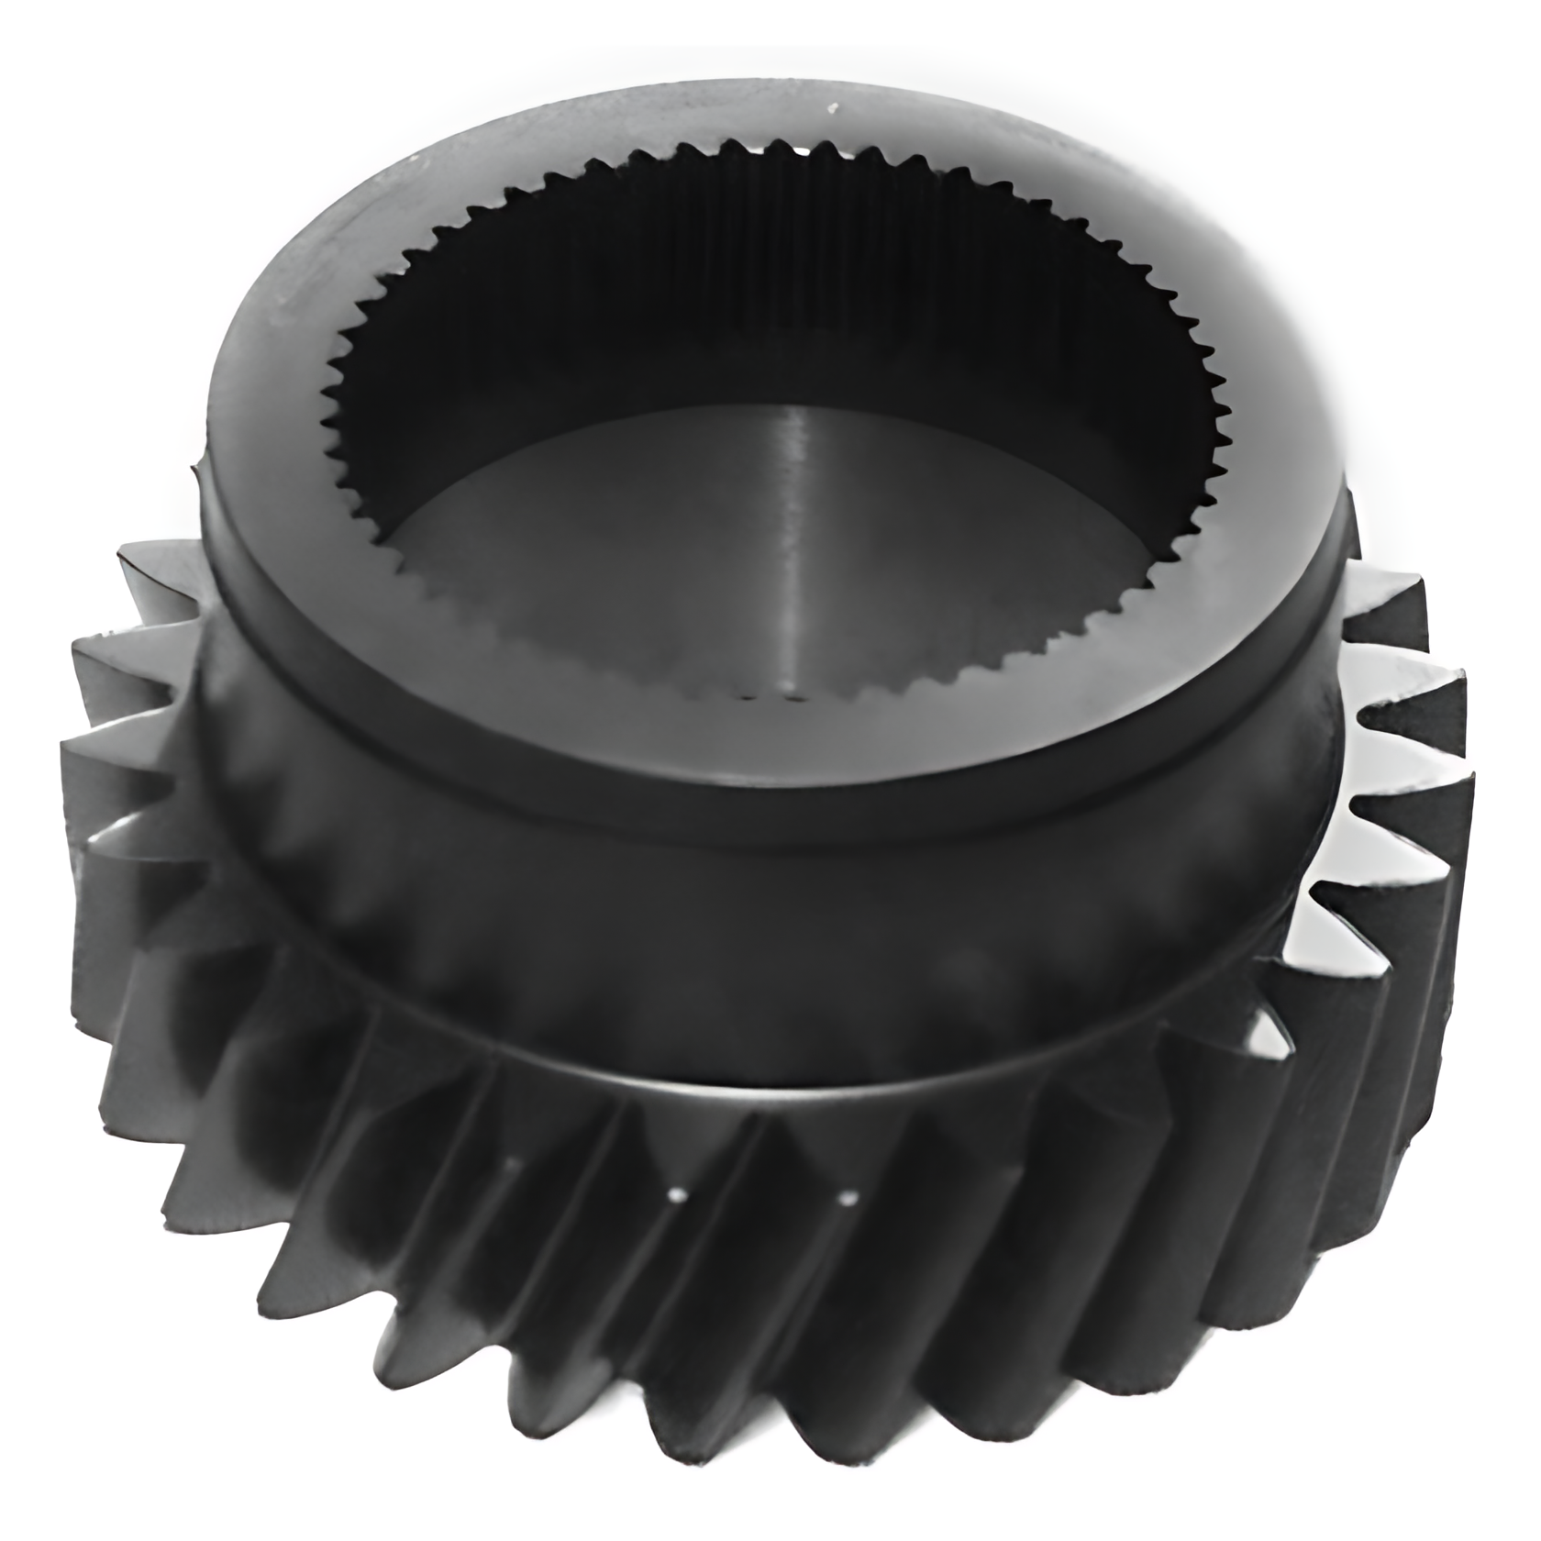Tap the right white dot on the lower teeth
point(848,1196)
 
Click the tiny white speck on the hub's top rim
point(833,109)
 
